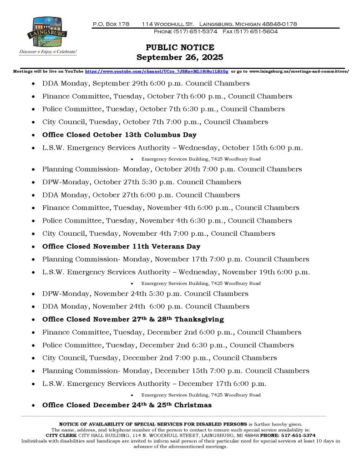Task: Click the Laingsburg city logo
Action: pyautogui.click(x=47, y=35)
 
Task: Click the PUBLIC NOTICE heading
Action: pyautogui.click(x=180, y=48)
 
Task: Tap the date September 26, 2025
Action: pyautogui.click(x=180, y=57)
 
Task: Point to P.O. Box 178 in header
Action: pyautogui.click(x=111, y=23)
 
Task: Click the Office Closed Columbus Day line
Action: pyautogui.click(x=119, y=135)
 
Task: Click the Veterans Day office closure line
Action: pyautogui.click(x=121, y=246)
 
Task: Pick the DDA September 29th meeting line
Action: pyautogui.click(x=146, y=84)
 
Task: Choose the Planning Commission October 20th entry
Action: pyautogui.click(x=172, y=169)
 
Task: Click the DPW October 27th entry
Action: pyautogui.click(x=142, y=182)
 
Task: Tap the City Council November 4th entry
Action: pyautogui.click(x=158, y=233)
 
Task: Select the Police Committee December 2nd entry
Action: pyautogui.click(x=168, y=345)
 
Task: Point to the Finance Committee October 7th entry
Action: pyautogui.click(x=167, y=96)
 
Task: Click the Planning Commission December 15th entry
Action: pyautogui.click(x=175, y=370)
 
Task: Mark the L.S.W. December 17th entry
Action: pyautogui.click(x=154, y=383)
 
